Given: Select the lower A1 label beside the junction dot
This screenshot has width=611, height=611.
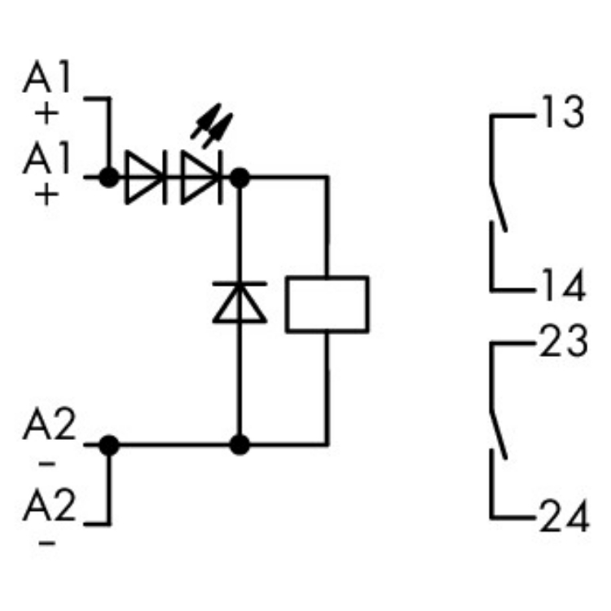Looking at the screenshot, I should (x=47, y=159).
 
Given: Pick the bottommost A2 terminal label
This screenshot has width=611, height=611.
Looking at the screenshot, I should (x=48, y=508).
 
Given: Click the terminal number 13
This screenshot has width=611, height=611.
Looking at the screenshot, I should (x=561, y=113).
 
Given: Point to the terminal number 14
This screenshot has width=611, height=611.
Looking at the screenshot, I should (x=561, y=286).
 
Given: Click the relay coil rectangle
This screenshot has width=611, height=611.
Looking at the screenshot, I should (x=327, y=304).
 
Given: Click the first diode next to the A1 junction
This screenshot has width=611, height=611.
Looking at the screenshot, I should (x=144, y=175).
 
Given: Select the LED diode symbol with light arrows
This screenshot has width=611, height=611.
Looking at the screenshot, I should (x=200, y=175).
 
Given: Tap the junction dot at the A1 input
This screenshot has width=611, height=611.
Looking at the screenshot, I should (x=108, y=175).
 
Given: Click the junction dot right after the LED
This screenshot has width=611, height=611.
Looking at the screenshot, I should (x=240, y=175).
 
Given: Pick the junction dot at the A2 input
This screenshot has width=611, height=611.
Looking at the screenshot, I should (x=108, y=445).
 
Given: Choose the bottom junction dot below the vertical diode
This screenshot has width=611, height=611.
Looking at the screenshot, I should (x=240, y=445).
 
